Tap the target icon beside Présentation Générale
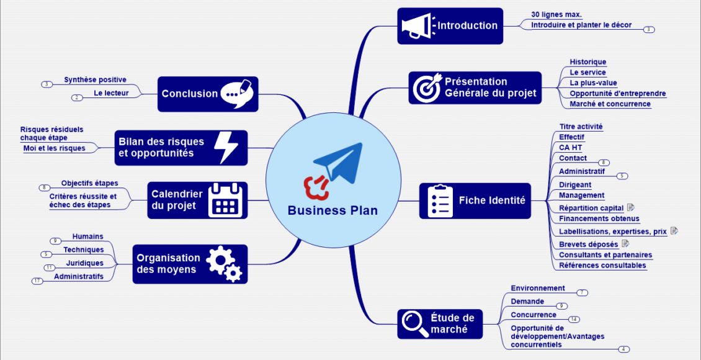[426, 88]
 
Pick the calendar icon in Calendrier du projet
[226, 200]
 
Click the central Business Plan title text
[333, 210]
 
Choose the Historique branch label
[588, 62]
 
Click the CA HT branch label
[570, 148]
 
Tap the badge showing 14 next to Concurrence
[574, 319]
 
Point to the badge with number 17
[38, 281]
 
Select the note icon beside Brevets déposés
[625, 244]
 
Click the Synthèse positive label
[95, 79]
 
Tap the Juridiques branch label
[84, 263]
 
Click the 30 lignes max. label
[556, 14]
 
